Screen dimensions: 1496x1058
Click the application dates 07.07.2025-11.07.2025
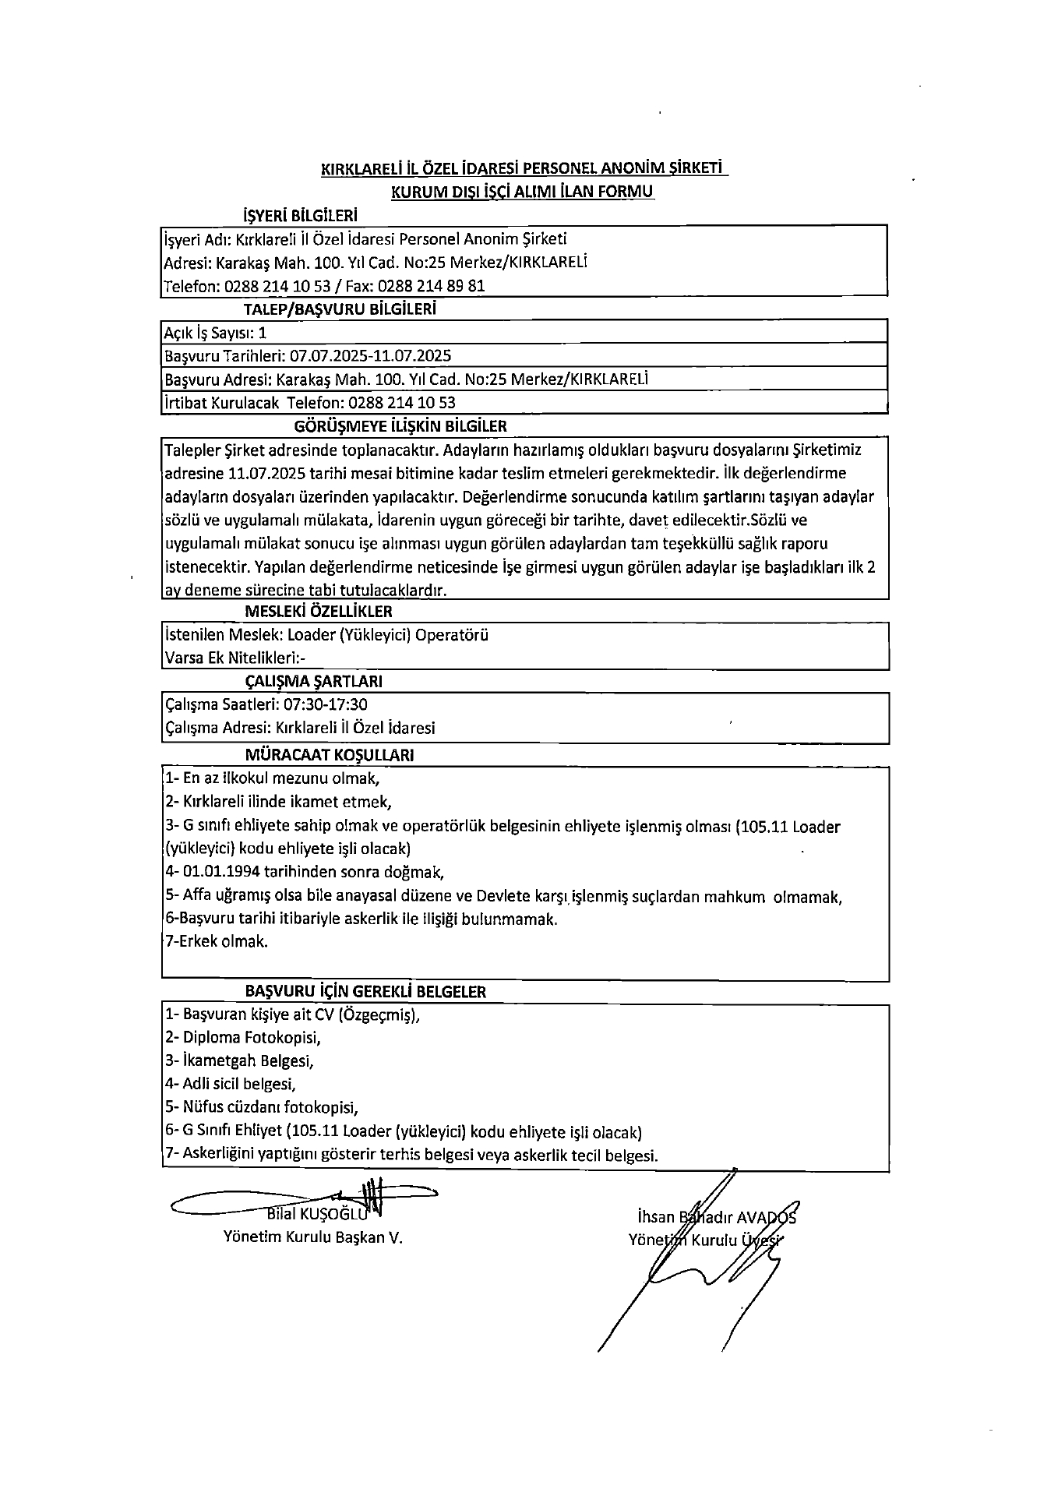click(x=371, y=356)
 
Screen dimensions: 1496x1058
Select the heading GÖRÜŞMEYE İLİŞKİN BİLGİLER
click(x=400, y=426)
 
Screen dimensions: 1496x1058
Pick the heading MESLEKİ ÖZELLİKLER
click(x=319, y=612)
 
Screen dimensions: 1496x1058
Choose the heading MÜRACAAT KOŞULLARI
click(x=330, y=755)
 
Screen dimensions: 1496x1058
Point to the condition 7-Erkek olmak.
click(x=217, y=941)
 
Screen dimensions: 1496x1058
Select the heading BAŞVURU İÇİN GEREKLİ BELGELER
click(x=365, y=992)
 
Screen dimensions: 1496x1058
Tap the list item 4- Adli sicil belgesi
click(x=231, y=1084)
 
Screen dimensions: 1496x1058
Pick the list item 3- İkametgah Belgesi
click(x=239, y=1060)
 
